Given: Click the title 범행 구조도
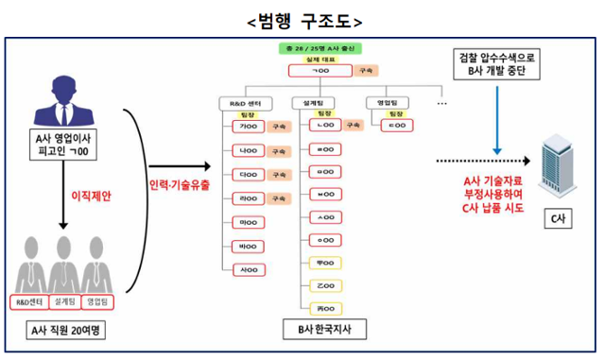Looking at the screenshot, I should click(303, 19).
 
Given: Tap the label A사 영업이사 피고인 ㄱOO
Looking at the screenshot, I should click(60, 145).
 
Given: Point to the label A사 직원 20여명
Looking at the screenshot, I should click(60, 332).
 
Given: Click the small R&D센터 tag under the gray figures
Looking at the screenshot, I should click(27, 301).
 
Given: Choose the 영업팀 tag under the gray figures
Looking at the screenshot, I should click(97, 301).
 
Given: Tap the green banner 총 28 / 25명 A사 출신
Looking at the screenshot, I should click(322, 47).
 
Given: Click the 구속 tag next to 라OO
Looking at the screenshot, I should click(278, 198).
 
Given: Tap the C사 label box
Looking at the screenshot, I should click(558, 219).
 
